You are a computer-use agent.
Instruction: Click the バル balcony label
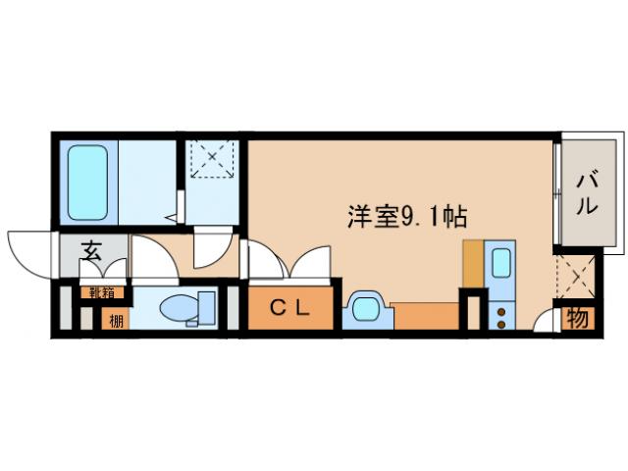click(587, 193)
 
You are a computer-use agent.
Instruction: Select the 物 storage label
click(578, 320)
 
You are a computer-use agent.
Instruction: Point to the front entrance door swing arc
click(26, 250)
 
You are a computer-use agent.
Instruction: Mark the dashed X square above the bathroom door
click(212, 159)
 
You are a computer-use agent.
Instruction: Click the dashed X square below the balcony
click(576, 278)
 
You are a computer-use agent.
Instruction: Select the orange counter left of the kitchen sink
click(472, 263)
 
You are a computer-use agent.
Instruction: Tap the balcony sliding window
click(556, 193)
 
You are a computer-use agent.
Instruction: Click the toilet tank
click(206, 307)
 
